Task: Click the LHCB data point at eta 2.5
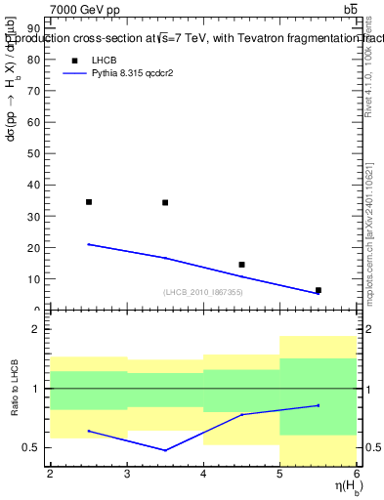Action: point(89,202)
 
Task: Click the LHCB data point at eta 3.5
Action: point(165,203)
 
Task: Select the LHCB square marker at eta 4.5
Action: point(241,265)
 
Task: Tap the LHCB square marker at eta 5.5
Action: point(318,290)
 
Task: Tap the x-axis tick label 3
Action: point(127,474)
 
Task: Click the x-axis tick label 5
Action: point(280,474)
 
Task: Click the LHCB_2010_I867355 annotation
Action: point(203,292)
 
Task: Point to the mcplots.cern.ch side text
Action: point(371,225)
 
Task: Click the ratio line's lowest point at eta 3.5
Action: point(165,450)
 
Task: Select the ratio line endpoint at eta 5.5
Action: point(318,405)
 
